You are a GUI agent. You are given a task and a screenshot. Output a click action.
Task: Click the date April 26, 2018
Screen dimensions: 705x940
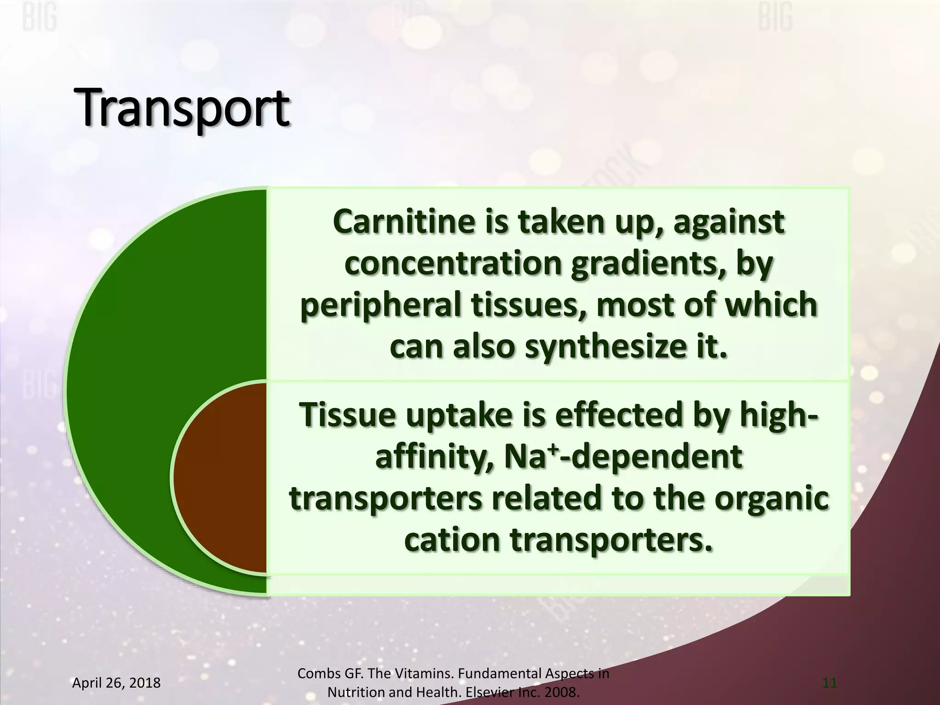pyautogui.click(x=117, y=683)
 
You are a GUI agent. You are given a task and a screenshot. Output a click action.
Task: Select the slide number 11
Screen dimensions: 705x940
pyautogui.click(x=830, y=683)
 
